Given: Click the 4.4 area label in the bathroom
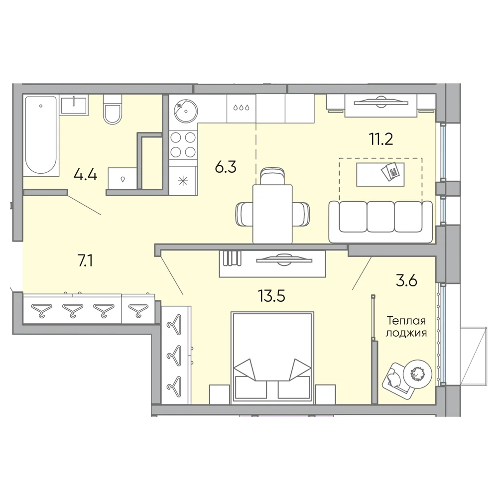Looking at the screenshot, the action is [x=85, y=175].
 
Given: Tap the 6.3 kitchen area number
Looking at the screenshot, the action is [x=226, y=167].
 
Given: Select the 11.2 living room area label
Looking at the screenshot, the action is [x=381, y=139].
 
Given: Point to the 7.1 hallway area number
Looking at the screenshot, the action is [x=85, y=261].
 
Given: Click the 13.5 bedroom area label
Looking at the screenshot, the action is [x=271, y=296].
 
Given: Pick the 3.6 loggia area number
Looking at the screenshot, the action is [x=406, y=281].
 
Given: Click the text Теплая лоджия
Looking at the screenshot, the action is [x=406, y=327].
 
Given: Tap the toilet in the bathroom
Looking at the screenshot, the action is [x=113, y=109].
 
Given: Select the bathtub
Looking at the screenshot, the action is [x=41, y=135].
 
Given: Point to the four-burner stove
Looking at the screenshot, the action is [x=183, y=145].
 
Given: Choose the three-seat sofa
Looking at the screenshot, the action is [x=380, y=222].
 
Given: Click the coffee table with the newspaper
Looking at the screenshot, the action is [x=380, y=174].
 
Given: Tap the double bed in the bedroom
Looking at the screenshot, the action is [x=273, y=357].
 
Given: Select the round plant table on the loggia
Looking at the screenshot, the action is [x=418, y=374].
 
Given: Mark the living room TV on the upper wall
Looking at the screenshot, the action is [x=381, y=102].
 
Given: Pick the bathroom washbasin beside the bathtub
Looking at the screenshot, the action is [x=74, y=105].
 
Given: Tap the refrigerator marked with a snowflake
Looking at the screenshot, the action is [x=183, y=181].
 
